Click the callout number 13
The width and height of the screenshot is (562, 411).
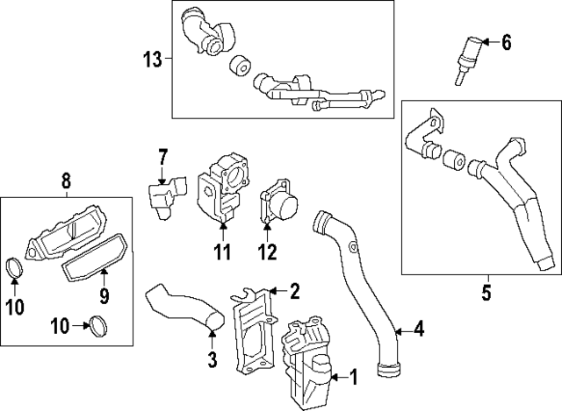point(153,60)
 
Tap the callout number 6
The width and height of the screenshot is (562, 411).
point(507,41)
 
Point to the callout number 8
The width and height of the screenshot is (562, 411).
point(66,182)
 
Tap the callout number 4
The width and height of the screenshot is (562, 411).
point(419,330)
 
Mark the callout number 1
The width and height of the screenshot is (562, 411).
point(354,378)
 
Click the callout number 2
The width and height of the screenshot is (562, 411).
point(295,290)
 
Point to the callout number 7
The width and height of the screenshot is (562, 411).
point(162,159)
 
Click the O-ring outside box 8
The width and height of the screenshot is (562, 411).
point(98,330)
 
